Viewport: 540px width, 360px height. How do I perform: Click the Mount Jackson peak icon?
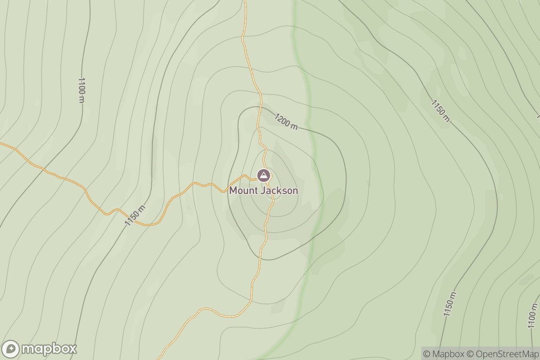tap(263, 175)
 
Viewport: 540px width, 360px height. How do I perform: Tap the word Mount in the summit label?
tap(244, 190)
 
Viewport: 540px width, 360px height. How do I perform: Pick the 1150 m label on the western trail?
tap(135, 216)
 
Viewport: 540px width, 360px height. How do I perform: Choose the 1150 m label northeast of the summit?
tap(440, 111)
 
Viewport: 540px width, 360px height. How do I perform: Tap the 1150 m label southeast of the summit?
tap(450, 304)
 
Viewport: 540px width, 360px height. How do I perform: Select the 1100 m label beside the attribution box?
tap(533, 316)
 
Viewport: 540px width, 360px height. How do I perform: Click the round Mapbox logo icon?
tap(11, 349)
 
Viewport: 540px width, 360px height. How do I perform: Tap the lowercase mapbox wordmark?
tap(49, 349)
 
